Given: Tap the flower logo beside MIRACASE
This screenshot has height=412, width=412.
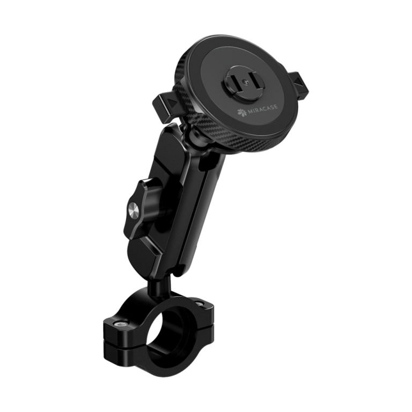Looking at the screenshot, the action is [242, 112].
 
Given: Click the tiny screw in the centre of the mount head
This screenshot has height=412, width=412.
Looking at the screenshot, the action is [245, 82].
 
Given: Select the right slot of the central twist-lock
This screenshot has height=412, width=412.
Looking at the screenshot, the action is [254, 80].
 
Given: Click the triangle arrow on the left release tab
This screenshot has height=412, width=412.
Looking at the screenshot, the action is [173, 103].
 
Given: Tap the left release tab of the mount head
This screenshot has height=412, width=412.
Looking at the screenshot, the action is [166, 106].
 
